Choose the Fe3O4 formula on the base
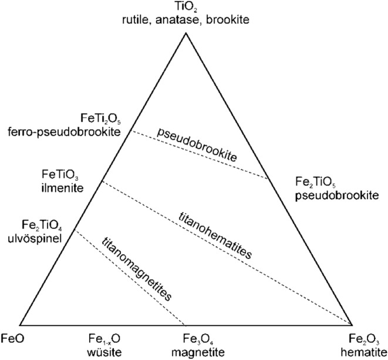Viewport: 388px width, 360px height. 184,338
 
